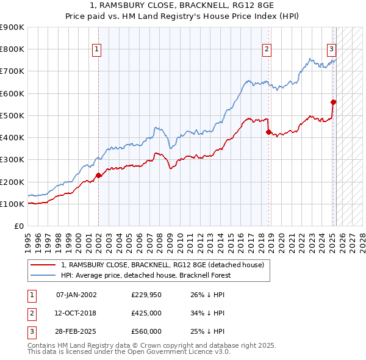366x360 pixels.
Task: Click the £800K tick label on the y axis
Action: (x=12, y=49)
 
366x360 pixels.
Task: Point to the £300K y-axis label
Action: (x=12, y=160)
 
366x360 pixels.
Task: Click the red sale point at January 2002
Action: (x=98, y=176)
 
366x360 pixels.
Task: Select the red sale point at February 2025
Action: (x=334, y=102)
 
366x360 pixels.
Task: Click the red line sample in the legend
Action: (x=43, y=265)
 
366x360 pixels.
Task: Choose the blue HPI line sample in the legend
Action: (x=43, y=275)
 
